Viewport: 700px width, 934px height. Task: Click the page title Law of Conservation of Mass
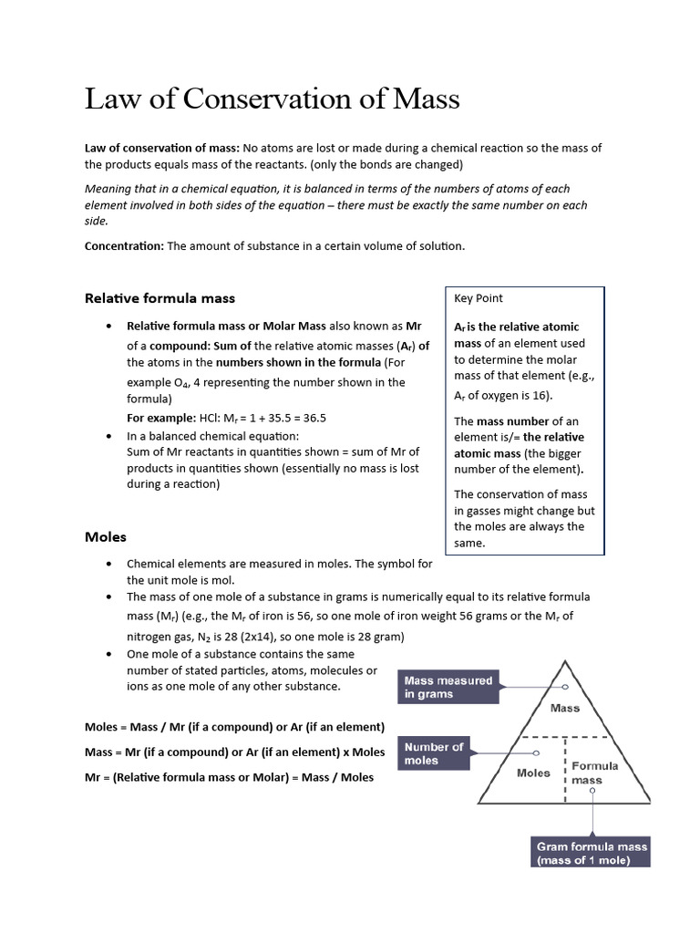pyautogui.click(x=272, y=99)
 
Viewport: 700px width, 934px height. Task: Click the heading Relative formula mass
pyautogui.click(x=160, y=297)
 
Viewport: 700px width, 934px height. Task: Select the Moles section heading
pyautogui.click(x=106, y=536)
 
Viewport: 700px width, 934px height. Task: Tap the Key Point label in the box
pyautogui.click(x=479, y=298)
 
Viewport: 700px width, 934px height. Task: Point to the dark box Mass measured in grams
pyautogui.click(x=449, y=687)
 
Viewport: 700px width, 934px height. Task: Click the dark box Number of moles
pyautogui.click(x=434, y=753)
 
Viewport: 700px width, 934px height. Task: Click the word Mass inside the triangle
pyautogui.click(x=565, y=707)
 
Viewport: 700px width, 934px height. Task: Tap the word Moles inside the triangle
pyautogui.click(x=533, y=773)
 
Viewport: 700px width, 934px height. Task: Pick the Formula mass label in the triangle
pyautogui.click(x=594, y=773)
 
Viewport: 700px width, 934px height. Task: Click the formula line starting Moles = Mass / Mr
pyautogui.click(x=234, y=727)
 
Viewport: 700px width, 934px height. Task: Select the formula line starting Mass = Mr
pyautogui.click(x=234, y=752)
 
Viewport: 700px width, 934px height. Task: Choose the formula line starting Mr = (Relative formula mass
pyautogui.click(x=229, y=778)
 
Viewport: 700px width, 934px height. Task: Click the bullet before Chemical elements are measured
pyautogui.click(x=109, y=565)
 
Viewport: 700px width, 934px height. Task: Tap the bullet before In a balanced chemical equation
pyautogui.click(x=109, y=436)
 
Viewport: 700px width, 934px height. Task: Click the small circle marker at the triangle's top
pyautogui.click(x=565, y=686)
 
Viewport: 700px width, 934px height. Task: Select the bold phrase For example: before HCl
pyautogui.click(x=160, y=418)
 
